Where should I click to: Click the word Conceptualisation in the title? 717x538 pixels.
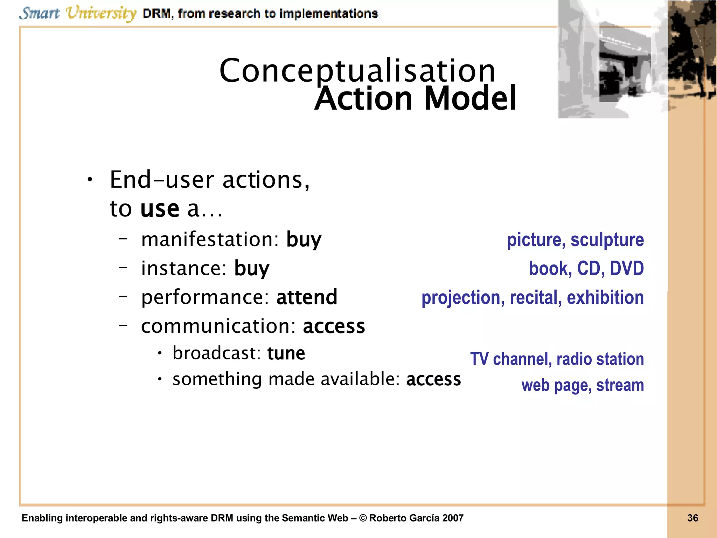click(x=357, y=71)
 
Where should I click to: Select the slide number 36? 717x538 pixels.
click(x=692, y=518)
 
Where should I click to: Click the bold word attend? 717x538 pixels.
click(x=307, y=297)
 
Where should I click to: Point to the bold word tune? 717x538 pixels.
click(x=286, y=353)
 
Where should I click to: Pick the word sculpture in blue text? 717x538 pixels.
click(x=607, y=240)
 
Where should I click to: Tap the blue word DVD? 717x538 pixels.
click(x=627, y=269)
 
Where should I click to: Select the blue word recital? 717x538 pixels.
click(x=536, y=298)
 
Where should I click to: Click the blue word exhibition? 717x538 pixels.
click(x=605, y=298)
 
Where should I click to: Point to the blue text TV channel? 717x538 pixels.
click(x=510, y=359)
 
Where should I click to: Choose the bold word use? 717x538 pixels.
click(x=160, y=209)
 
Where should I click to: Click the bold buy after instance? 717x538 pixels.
click(x=252, y=269)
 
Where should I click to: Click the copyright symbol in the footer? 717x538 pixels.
click(x=363, y=518)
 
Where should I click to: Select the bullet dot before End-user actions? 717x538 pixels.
click(x=90, y=180)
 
